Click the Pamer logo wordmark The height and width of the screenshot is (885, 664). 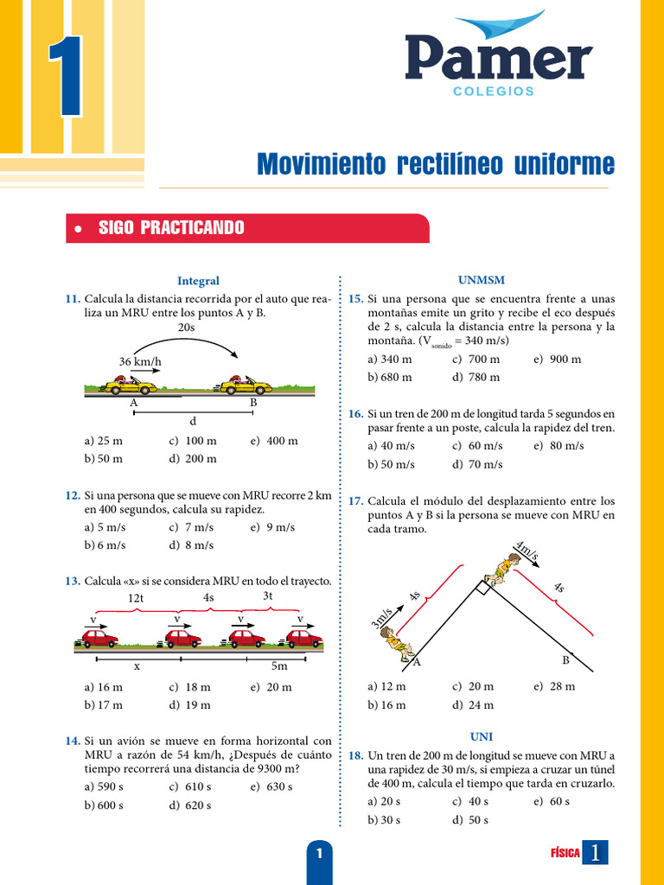pyautogui.click(x=498, y=59)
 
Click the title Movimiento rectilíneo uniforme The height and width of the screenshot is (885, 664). pyautogui.click(x=435, y=163)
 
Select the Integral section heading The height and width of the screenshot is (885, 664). pyautogui.click(x=198, y=281)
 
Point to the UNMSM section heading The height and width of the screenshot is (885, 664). pyautogui.click(x=482, y=281)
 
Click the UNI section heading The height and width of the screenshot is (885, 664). pyautogui.click(x=482, y=737)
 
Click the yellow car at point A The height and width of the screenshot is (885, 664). pyautogui.click(x=131, y=385)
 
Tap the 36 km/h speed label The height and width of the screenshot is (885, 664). pyautogui.click(x=141, y=361)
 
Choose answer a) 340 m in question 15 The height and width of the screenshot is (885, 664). pyautogui.click(x=389, y=359)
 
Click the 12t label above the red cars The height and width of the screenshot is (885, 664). pyautogui.click(x=135, y=598)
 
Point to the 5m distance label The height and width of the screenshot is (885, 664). pyautogui.click(x=279, y=666)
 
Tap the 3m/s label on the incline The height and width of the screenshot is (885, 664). pyautogui.click(x=381, y=617)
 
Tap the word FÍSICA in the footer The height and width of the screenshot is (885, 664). pyautogui.click(x=565, y=852)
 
